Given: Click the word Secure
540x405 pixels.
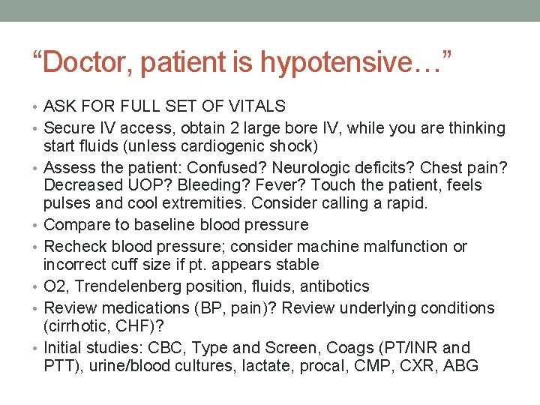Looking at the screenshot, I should (x=68, y=128).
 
